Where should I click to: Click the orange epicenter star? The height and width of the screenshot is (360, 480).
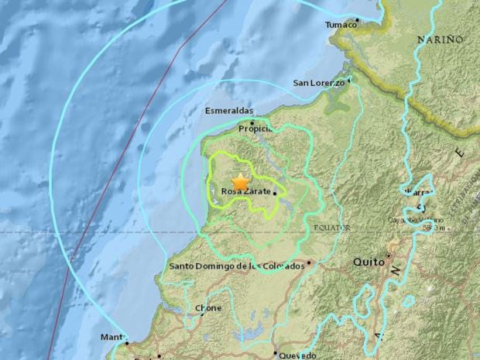pyautogui.click(x=241, y=182)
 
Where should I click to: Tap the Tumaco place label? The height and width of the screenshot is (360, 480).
pyautogui.click(x=341, y=25)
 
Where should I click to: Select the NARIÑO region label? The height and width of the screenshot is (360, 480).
pyautogui.click(x=440, y=39)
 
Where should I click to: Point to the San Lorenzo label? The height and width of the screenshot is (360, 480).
pyautogui.click(x=317, y=83)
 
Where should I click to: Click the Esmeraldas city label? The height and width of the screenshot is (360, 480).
pyautogui.click(x=228, y=111)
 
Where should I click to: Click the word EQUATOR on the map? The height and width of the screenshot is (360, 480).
pyautogui.click(x=333, y=228)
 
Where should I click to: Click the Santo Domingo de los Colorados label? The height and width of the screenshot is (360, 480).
pyautogui.click(x=236, y=266)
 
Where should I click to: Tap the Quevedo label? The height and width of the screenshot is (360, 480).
pyautogui.click(x=297, y=355)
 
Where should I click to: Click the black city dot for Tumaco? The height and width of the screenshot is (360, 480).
pyautogui.click(x=357, y=19)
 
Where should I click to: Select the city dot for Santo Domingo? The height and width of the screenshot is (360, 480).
pyautogui.click(x=308, y=262)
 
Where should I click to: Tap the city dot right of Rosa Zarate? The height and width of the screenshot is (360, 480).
pyautogui.click(x=275, y=194)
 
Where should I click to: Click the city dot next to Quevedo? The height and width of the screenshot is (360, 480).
pyautogui.click(x=275, y=355)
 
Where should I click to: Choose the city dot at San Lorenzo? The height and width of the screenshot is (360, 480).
pyautogui.click(x=349, y=78)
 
